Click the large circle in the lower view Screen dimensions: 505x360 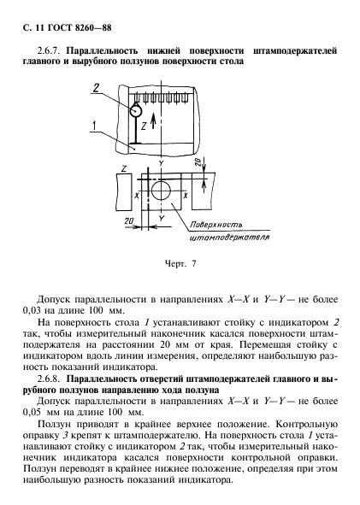(160, 189)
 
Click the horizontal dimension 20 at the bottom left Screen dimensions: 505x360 (128, 220)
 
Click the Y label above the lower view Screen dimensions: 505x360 (160, 161)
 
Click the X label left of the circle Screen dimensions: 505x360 (137, 196)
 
